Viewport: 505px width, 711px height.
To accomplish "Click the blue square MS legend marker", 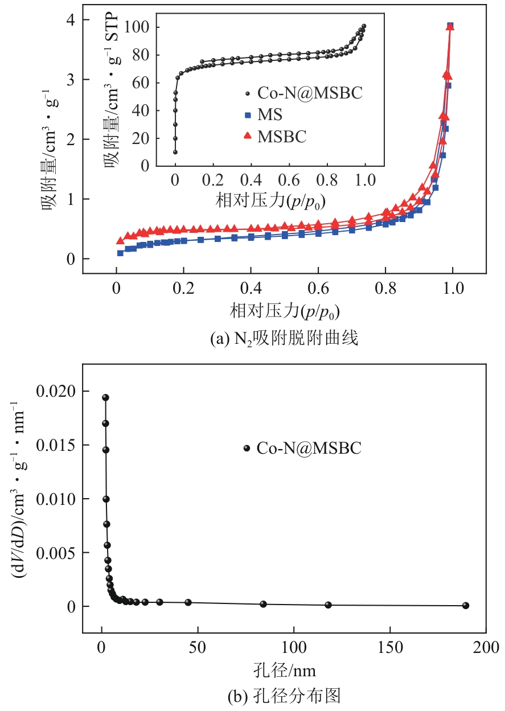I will click(x=248, y=115).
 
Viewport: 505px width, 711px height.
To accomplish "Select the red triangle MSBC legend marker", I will click(x=248, y=135).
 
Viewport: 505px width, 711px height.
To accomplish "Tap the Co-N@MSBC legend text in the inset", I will click(x=309, y=93).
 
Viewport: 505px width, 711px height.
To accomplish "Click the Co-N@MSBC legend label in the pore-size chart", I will click(x=309, y=449).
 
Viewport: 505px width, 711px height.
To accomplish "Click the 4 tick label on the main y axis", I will click(x=70, y=20).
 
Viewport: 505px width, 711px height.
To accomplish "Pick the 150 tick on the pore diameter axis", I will click(x=390, y=647).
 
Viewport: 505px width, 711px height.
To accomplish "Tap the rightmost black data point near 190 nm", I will click(x=466, y=605).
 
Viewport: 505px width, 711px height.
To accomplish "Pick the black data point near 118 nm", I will click(x=328, y=605).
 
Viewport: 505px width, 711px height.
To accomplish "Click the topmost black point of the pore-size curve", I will click(x=105, y=397).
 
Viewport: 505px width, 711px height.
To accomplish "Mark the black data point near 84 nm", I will click(x=263, y=604).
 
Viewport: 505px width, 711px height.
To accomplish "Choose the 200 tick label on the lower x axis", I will click(x=486, y=647).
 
